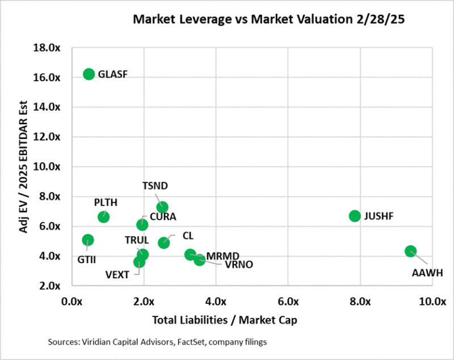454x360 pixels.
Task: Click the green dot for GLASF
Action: (89, 74)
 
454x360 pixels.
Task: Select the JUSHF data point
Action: (355, 215)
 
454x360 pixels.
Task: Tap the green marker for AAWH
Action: (411, 251)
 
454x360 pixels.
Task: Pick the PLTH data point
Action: (103, 217)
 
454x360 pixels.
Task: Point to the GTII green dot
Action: (87, 240)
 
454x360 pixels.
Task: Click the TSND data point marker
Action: (162, 207)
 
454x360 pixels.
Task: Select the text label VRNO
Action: (238, 264)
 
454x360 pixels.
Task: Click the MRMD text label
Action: (223, 256)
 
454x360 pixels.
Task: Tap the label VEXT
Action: (117, 275)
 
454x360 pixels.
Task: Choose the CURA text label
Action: (163, 217)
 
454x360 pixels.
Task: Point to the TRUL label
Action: (137, 240)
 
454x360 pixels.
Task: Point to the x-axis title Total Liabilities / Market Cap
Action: (225, 320)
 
